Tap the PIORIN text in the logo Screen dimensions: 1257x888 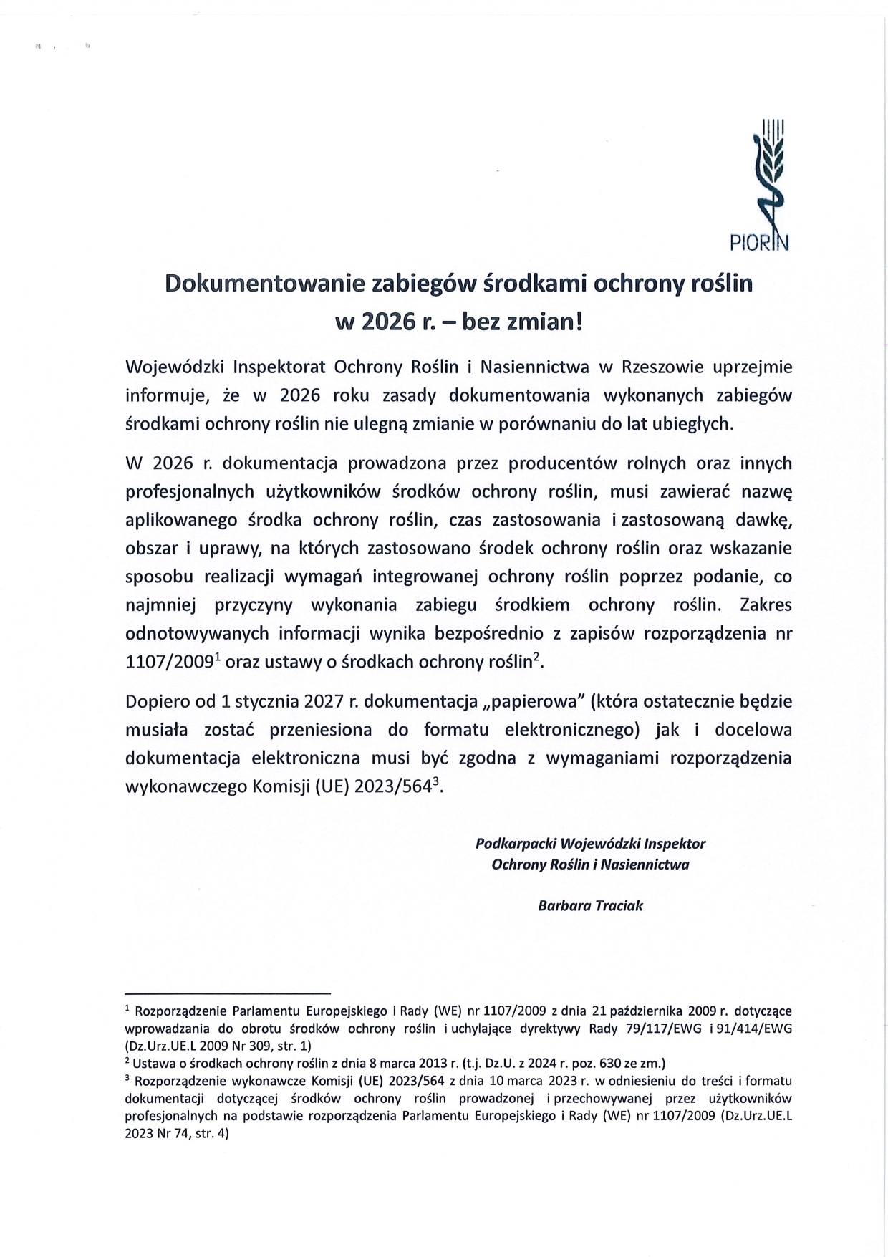[759, 243]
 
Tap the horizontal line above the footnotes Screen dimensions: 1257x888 [228, 993]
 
